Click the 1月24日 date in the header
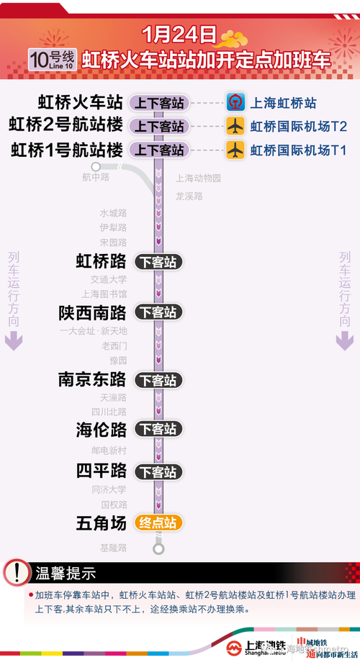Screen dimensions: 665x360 pyautogui.click(x=179, y=34)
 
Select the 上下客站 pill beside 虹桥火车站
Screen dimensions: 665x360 pyautogui.click(x=159, y=103)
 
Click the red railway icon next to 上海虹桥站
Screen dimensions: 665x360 pyautogui.click(x=235, y=103)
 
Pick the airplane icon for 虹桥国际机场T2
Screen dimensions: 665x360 pyautogui.click(x=235, y=126)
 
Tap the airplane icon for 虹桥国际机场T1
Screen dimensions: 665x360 pyautogui.click(x=235, y=150)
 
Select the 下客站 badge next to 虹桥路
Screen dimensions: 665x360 pyautogui.click(x=159, y=262)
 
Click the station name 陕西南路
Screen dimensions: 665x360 pyautogui.click(x=91, y=313)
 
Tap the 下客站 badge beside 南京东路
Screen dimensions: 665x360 pyautogui.click(x=159, y=380)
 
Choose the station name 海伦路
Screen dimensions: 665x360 pyautogui.click(x=101, y=430)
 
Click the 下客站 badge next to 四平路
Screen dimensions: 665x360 pyautogui.click(x=159, y=472)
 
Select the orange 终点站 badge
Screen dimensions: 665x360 pyautogui.click(x=159, y=522)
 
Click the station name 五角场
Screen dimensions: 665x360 pyautogui.click(x=101, y=522)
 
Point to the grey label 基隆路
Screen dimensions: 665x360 pyautogui.click(x=113, y=548)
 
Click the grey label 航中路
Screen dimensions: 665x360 pyautogui.click(x=96, y=176)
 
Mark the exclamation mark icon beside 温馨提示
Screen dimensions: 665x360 pyautogui.click(x=15, y=574)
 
